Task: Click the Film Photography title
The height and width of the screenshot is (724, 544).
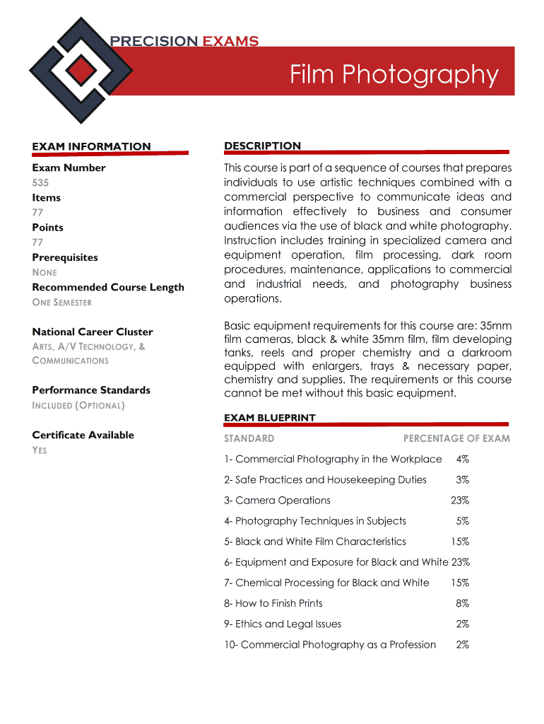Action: click(x=394, y=74)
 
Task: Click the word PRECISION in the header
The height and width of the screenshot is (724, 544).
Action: click(x=154, y=41)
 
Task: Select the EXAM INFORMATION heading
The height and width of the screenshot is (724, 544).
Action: click(x=91, y=146)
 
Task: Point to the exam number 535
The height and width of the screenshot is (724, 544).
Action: click(x=40, y=182)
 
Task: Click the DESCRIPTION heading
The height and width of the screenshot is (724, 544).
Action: click(x=262, y=146)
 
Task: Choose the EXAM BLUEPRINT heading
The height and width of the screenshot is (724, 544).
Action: click(x=270, y=418)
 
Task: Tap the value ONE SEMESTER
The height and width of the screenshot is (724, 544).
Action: click(x=62, y=303)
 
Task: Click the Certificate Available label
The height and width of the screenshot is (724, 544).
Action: click(x=83, y=435)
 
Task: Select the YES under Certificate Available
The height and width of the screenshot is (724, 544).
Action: click(x=40, y=450)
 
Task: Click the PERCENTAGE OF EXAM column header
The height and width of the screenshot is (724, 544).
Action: click(x=456, y=438)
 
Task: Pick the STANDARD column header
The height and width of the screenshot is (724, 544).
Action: click(x=249, y=438)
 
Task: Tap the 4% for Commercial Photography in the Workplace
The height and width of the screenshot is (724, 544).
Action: click(x=463, y=459)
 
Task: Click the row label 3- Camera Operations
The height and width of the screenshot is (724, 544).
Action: click(x=277, y=500)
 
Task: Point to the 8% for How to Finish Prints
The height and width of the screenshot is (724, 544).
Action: click(x=463, y=603)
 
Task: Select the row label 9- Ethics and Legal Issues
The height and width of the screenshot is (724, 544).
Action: click(x=283, y=624)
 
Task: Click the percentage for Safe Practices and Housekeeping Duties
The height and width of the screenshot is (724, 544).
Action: click(x=463, y=479)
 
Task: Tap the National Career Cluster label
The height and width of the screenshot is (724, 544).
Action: click(x=93, y=332)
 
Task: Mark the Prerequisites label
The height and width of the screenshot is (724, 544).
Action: click(x=65, y=257)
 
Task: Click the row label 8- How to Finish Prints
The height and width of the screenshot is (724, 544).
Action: click(x=273, y=603)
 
